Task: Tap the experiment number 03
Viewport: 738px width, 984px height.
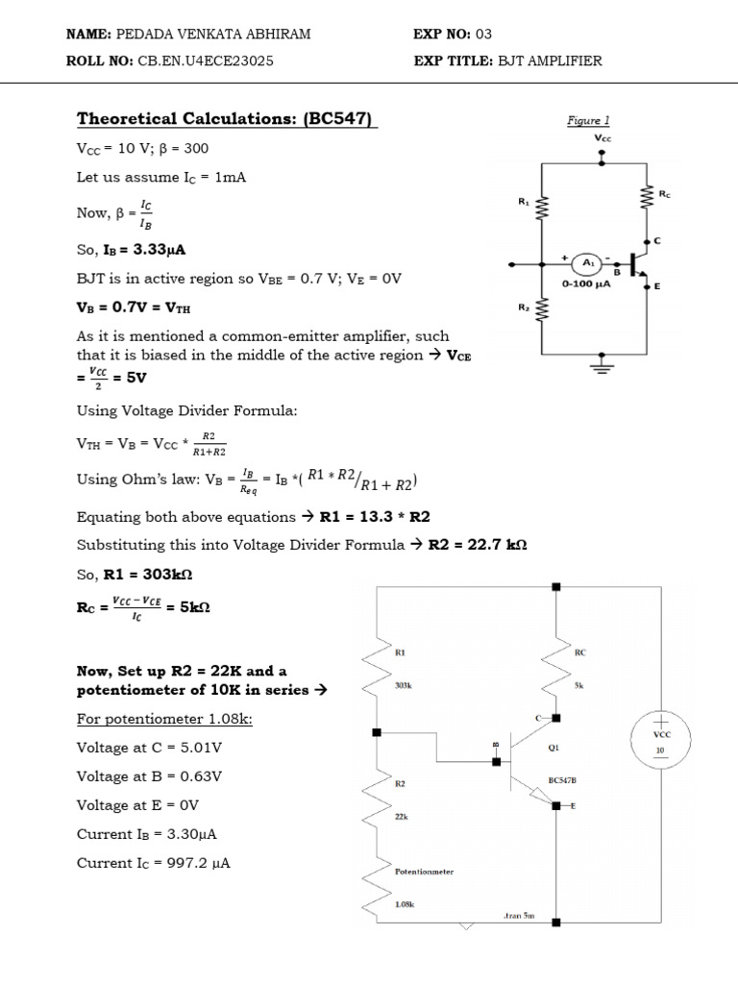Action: (483, 35)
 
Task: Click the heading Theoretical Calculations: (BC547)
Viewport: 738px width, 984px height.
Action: (227, 119)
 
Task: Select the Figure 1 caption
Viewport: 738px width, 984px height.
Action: (588, 121)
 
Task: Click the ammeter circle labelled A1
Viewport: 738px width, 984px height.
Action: (586, 262)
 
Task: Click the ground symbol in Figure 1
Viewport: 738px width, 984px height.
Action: (603, 368)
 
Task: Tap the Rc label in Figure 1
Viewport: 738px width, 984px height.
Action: (665, 194)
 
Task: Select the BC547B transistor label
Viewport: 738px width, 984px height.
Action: (563, 780)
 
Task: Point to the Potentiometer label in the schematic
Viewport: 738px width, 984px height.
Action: (424, 872)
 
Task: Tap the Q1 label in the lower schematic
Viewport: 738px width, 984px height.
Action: (553, 745)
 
